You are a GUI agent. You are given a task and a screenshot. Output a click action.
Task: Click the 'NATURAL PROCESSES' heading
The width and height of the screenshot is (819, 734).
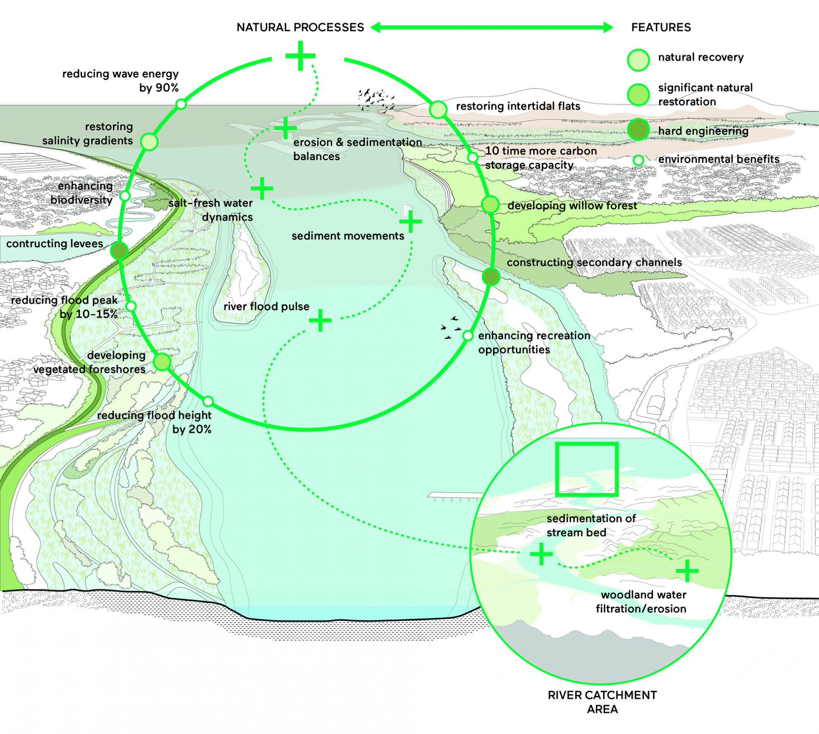point(300,27)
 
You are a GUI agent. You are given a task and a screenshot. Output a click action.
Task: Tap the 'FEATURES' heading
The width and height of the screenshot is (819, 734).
point(661,27)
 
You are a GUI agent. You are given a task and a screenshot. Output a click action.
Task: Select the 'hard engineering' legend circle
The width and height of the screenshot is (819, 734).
point(638,129)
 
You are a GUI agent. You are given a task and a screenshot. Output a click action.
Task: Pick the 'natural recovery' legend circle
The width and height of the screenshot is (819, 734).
point(638,60)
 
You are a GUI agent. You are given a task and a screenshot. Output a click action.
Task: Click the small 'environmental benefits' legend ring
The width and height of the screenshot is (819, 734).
point(639,160)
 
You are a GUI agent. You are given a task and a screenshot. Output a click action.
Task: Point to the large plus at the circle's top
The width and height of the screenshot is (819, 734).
point(300,55)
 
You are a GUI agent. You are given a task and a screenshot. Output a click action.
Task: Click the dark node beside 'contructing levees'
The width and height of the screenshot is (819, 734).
point(119,250)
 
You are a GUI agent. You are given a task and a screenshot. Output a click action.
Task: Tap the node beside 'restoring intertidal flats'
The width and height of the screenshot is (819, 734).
point(438,109)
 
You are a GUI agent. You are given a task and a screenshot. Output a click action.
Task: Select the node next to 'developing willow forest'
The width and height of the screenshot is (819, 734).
point(491,205)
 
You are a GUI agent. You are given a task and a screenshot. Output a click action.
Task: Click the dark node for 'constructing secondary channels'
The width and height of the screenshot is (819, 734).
point(491,277)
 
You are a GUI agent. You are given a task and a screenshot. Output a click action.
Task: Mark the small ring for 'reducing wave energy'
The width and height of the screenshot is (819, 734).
point(181,104)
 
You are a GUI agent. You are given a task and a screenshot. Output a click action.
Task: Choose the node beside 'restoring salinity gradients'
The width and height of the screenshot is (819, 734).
point(149,142)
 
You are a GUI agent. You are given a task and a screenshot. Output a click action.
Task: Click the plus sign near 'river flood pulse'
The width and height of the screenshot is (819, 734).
point(320,320)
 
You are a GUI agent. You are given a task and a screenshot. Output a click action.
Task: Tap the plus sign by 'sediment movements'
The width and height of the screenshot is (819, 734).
point(411,221)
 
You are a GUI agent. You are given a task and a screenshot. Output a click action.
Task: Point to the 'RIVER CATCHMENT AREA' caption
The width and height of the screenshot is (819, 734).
point(602,702)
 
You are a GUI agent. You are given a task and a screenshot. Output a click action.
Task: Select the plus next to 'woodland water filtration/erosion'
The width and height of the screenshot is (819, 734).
point(687,571)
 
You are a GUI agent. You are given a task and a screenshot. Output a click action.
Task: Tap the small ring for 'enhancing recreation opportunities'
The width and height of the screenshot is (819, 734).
point(467,336)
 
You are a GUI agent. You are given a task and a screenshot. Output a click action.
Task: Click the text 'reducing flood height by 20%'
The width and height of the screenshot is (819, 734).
point(154,422)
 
